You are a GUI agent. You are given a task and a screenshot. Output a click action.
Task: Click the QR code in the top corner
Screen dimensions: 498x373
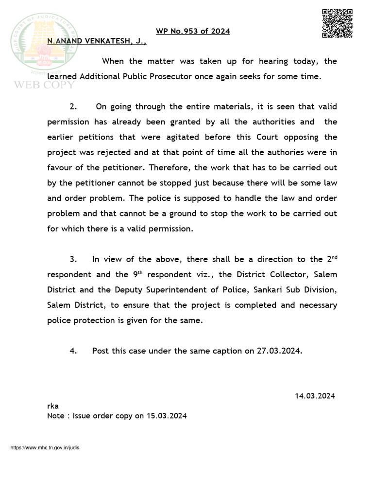click(x=337, y=23)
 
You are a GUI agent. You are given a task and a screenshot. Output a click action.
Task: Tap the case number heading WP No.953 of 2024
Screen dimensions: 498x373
click(x=193, y=32)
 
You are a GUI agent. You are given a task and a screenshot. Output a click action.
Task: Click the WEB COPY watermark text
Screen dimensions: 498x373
click(x=44, y=85)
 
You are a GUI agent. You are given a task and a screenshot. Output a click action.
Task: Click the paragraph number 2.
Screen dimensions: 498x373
click(x=73, y=107)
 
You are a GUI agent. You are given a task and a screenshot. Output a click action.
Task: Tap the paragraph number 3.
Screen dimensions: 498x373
click(x=73, y=259)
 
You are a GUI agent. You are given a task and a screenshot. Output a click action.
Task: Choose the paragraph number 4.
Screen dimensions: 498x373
click(x=73, y=351)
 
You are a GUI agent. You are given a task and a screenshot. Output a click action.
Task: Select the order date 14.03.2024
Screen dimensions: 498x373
click(x=315, y=396)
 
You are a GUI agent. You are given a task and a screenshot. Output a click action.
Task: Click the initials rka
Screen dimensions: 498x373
click(x=52, y=406)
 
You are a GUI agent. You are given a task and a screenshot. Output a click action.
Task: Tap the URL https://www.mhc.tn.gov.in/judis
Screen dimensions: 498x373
click(x=45, y=447)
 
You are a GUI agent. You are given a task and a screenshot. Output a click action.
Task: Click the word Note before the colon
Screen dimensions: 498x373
click(x=55, y=416)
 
